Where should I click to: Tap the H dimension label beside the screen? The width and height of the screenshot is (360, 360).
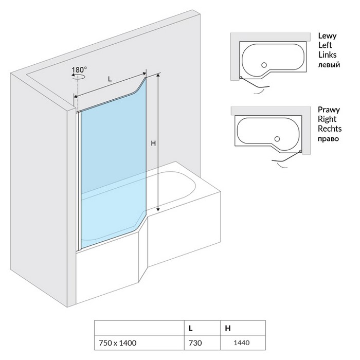153,144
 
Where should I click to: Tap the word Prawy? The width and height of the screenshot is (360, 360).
328,110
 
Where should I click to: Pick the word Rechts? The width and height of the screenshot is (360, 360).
329,129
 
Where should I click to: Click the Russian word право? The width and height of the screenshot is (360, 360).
329,139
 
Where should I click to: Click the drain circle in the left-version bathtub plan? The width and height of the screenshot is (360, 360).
264,65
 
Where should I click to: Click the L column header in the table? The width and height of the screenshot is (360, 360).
191,327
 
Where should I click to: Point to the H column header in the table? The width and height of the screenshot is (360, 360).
227,327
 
